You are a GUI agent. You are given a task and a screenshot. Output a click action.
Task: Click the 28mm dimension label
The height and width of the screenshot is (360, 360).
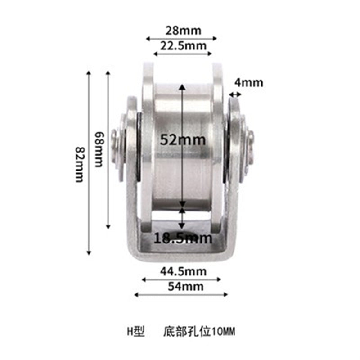pos(181,31)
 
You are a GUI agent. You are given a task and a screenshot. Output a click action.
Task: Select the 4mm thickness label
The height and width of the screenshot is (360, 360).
pos(248,83)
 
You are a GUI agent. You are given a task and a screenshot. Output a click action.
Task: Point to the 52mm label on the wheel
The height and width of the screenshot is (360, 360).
pos(183,140)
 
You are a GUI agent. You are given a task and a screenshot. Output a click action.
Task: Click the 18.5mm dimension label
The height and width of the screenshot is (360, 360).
pos(183,238)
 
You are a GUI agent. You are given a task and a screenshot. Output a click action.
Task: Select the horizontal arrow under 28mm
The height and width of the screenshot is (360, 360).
pos(181,39)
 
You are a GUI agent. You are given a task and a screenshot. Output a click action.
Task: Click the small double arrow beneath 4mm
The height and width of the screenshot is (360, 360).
pos(235,94)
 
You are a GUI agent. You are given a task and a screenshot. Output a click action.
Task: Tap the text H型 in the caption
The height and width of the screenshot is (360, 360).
pos(135,333)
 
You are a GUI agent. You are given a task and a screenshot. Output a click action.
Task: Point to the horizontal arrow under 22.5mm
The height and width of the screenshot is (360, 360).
pos(182,54)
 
